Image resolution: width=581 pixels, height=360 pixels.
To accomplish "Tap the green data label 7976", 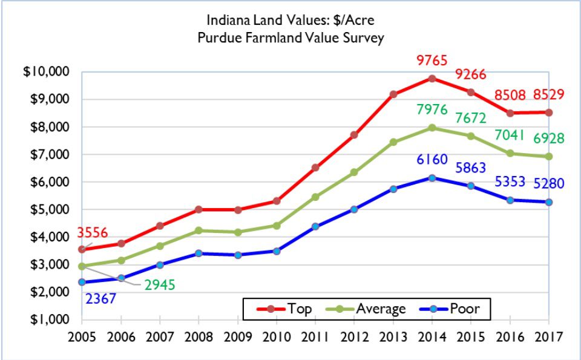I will coord(432,110).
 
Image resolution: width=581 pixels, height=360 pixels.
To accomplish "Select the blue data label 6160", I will coord(432,160).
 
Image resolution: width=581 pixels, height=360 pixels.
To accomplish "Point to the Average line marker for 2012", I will coord(353,172).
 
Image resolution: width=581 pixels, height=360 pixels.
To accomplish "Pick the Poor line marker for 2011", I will coord(315,226).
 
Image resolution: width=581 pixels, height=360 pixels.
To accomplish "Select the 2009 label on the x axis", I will coord(238,335).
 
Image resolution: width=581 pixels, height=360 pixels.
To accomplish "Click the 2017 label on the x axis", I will coord(547,335).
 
